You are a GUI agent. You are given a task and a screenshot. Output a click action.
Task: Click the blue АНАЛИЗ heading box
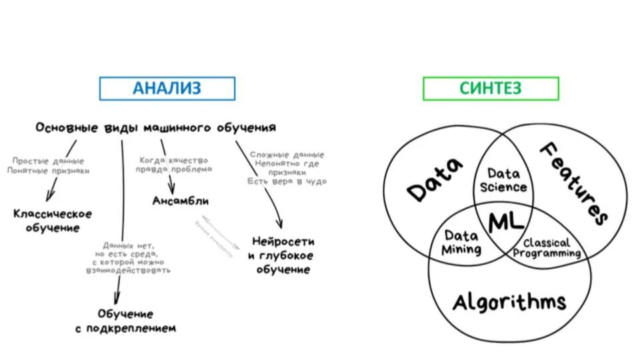pos(167,89)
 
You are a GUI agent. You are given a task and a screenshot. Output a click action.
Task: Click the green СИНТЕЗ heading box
pos(491,89)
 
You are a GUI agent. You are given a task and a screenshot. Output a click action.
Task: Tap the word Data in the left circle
pos(435,179)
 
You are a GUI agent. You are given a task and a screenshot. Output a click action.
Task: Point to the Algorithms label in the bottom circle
pos(509,301)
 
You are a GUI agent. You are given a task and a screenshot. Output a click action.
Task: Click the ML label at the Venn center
pos(507,222)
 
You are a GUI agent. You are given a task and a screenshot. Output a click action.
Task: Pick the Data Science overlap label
pos(503,181)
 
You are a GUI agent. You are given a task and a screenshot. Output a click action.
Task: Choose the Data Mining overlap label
pos(461,243)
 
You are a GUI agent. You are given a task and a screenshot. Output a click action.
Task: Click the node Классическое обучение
pos(53,221)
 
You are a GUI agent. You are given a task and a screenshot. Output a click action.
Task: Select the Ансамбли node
pos(180,201)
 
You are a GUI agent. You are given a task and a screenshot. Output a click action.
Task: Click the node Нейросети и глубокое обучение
pos(283,255)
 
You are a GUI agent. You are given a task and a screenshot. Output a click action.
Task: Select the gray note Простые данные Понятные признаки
pos(49,165)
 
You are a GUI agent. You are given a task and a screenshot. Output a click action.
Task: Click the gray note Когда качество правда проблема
pos(175,164)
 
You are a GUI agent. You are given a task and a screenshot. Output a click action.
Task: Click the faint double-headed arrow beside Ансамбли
pos(215,237)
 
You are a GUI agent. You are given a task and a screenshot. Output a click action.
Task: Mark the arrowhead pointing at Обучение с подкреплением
pos(117,298)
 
